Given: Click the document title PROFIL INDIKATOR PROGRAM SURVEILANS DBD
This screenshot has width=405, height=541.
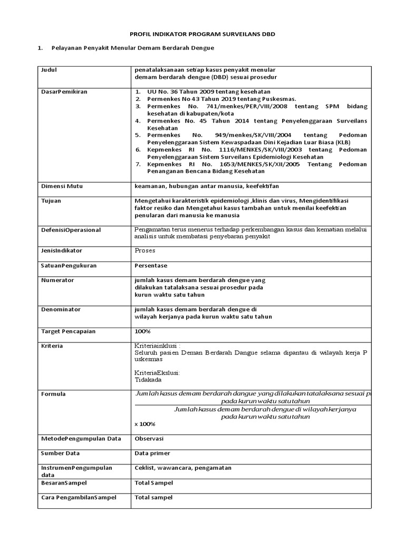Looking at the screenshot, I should (202, 34).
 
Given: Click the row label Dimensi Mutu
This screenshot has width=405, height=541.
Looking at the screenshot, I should (59, 186).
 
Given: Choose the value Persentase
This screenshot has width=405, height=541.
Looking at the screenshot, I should (151, 265).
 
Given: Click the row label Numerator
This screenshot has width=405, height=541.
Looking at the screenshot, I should (57, 280).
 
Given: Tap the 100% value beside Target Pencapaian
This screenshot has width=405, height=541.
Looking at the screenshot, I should (143, 331).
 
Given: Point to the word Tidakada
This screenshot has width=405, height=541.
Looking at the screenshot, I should (149, 379).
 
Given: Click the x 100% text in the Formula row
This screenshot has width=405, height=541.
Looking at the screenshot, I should (145, 424).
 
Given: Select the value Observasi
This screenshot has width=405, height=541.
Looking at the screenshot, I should (149, 439).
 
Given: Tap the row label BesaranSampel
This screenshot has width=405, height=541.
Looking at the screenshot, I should (64, 483).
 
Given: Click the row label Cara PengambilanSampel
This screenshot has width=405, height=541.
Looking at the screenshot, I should (79, 498).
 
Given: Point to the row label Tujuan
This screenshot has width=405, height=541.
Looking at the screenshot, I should (51, 201).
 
